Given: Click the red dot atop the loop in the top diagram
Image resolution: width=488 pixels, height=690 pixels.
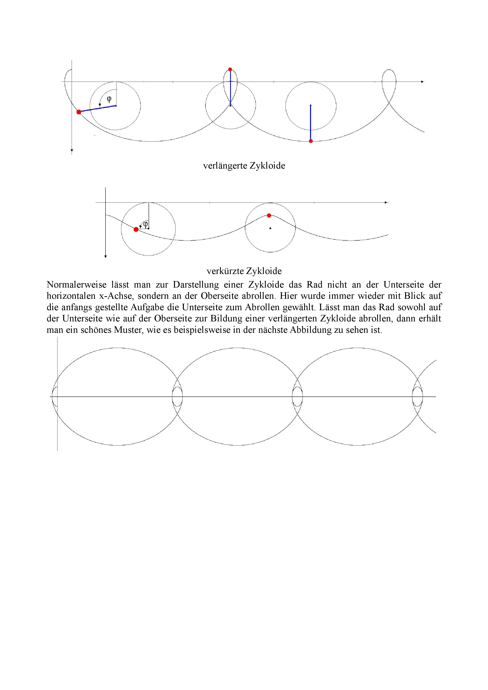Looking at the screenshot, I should pos(230,69).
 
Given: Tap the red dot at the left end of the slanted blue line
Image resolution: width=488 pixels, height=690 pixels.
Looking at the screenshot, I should pos(79,112).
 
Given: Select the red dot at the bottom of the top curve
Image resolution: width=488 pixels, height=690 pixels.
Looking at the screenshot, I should pos(311,141).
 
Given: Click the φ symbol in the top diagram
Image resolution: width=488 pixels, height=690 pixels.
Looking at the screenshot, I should pos(109,99).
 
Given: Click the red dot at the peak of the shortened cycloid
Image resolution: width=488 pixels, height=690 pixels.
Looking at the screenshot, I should pos(269,215).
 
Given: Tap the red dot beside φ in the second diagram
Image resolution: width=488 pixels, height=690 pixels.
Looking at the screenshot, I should pos(136,230).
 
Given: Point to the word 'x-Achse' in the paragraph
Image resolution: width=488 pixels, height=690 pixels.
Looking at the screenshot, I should pos(116,296).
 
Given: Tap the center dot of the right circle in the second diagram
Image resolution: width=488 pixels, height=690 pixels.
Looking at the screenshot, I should pos(270,228).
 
